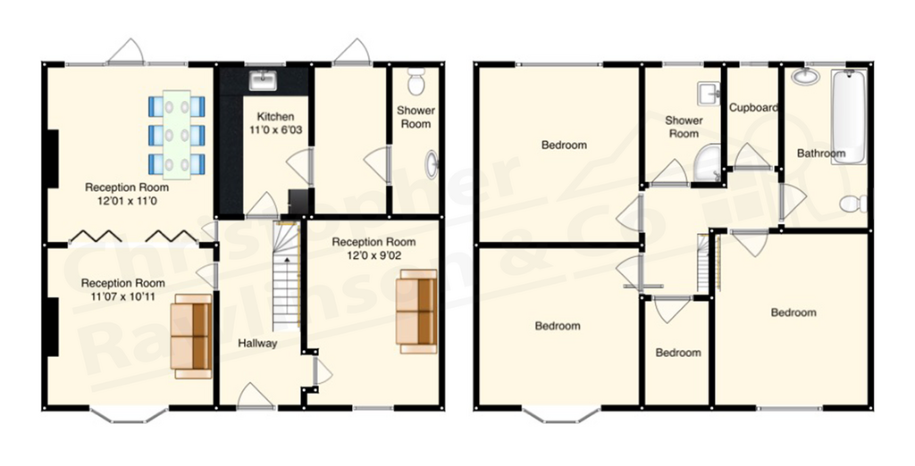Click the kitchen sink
pos(264,80)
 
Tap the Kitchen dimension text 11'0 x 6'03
pos(275,129)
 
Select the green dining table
pos(176,135)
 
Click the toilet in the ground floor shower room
pos(416,81)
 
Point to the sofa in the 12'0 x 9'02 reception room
pos(416,311)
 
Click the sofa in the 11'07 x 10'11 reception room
pos(191,336)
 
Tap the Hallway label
pos(256,344)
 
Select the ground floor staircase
pos(286,275)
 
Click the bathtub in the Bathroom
pos(848,117)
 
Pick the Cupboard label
pos(753,107)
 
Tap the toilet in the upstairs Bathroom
pos(853,204)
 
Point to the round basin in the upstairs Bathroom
pos(806,77)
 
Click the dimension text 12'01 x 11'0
pos(127,201)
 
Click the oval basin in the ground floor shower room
pos(432,164)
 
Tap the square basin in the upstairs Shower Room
pos(709,94)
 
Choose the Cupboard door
pos(751,157)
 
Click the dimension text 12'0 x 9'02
pos(374,254)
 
